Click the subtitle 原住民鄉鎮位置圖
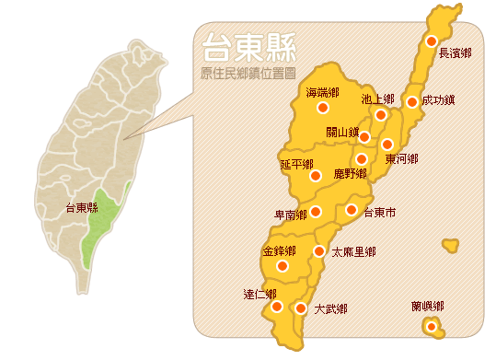(242, 72)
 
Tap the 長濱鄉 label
(455, 53)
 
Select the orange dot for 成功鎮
(412, 102)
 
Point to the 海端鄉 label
(322, 92)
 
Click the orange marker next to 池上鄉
(381, 115)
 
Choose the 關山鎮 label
(341, 133)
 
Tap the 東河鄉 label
(401, 159)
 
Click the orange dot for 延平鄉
(316, 175)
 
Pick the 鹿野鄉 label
(350, 173)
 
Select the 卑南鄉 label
(291, 215)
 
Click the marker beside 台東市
(351, 210)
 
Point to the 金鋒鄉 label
(279, 250)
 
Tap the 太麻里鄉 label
(353, 251)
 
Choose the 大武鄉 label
(330, 309)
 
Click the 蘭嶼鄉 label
(428, 306)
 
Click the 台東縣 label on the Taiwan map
(81, 208)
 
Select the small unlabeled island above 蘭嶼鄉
(450, 245)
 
